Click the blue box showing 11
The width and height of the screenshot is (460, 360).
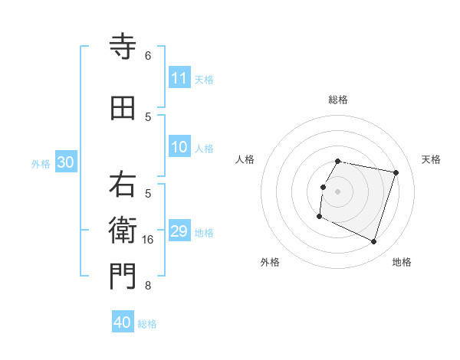[179, 78]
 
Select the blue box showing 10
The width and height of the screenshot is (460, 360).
[179, 147]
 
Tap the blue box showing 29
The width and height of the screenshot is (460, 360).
[179, 231]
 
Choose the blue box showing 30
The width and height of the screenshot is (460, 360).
[65, 162]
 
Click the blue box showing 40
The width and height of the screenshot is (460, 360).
[123, 322]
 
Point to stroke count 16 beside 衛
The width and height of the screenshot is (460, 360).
[148, 240]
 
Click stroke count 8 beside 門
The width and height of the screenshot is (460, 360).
[148, 286]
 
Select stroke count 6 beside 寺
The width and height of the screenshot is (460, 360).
[148, 56]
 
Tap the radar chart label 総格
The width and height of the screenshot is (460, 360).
[337, 100]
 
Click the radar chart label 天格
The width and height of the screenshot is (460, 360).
[431, 159]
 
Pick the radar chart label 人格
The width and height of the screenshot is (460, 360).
[245, 159]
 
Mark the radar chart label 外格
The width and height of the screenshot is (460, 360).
[270, 262]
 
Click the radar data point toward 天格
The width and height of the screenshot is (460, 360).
[396, 173]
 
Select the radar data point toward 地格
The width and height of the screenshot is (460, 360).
[373, 242]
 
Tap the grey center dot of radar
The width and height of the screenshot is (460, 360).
[337, 191]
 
